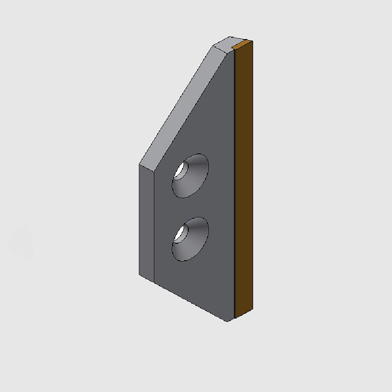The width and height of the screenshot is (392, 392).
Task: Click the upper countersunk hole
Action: pyautogui.click(x=191, y=175)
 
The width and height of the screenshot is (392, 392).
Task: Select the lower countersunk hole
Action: pyautogui.click(x=191, y=239)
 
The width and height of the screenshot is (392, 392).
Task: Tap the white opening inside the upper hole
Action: pyautogui.click(x=180, y=170)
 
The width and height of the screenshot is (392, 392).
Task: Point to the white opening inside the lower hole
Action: pyautogui.click(x=179, y=234)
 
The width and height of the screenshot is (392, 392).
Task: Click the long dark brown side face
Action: pyautogui.click(x=244, y=179)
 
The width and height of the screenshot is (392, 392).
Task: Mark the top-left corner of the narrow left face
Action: pyautogui.click(x=139, y=164)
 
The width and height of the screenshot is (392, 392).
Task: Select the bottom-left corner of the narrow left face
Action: pyautogui.click(x=139, y=276)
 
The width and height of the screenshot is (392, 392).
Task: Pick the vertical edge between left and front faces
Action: pyautogui.click(x=155, y=226)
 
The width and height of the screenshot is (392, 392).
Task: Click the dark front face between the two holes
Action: pyautogui.click(x=191, y=207)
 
